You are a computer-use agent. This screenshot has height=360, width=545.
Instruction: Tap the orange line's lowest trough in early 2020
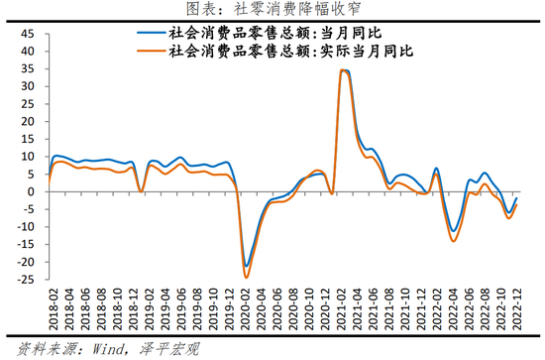(246, 278)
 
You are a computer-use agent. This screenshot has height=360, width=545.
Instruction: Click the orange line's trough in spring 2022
(454, 241)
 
